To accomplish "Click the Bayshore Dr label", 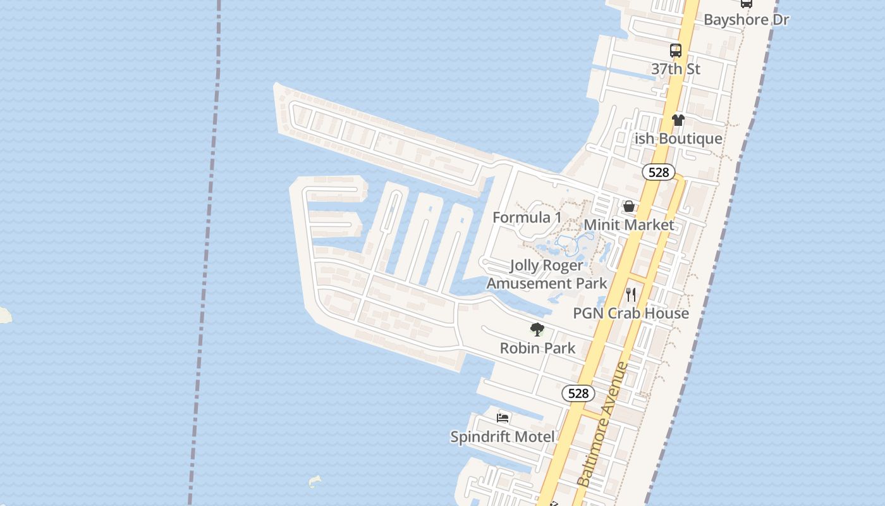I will (x=746, y=20).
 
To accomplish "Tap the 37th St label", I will (x=676, y=69).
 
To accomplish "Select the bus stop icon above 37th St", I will (x=676, y=51).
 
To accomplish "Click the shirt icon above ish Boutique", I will (x=678, y=120).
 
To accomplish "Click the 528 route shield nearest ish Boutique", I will (x=659, y=172).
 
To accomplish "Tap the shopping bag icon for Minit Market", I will (x=629, y=206).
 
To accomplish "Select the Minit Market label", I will (x=629, y=225).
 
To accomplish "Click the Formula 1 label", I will (x=527, y=218).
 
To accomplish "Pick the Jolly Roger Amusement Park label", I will (x=547, y=274).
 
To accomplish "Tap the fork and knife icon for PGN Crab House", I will (x=631, y=295).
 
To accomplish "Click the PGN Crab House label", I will (x=631, y=313).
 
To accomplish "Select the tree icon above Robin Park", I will (x=537, y=330).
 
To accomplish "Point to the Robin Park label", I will (x=537, y=348).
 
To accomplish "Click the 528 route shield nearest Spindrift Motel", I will (x=578, y=393).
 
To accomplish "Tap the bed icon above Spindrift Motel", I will (x=503, y=417).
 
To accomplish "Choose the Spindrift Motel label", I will (x=503, y=436).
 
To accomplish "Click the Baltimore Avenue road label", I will (x=603, y=424).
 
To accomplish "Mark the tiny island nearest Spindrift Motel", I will (x=314, y=482).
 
